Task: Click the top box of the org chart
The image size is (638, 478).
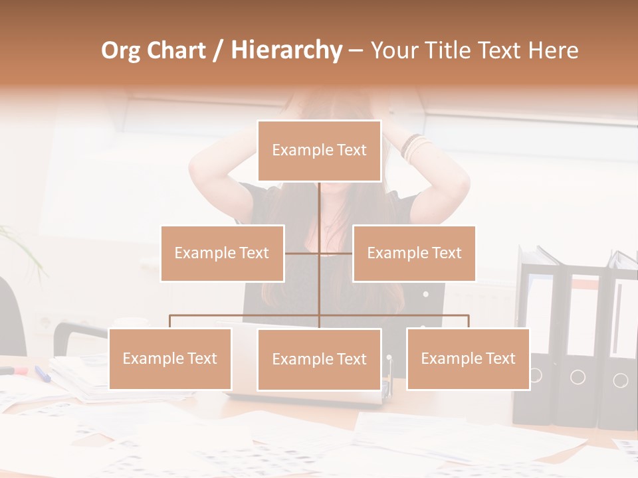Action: tap(319, 151)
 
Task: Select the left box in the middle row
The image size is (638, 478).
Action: tap(222, 253)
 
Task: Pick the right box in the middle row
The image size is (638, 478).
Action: tap(414, 253)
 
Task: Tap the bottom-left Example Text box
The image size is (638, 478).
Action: tap(170, 358)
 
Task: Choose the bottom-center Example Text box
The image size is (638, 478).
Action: tap(319, 359)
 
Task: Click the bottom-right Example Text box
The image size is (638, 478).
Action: tap(468, 358)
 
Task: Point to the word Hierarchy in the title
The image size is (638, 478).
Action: tap(286, 50)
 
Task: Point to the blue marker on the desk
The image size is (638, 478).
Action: tap(43, 374)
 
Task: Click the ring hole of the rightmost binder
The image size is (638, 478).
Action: tap(620, 380)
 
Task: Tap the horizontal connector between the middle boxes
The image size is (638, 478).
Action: tap(319, 253)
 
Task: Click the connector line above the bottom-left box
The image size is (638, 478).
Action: tap(170, 321)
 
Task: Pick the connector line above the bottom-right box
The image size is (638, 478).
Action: tap(468, 321)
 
